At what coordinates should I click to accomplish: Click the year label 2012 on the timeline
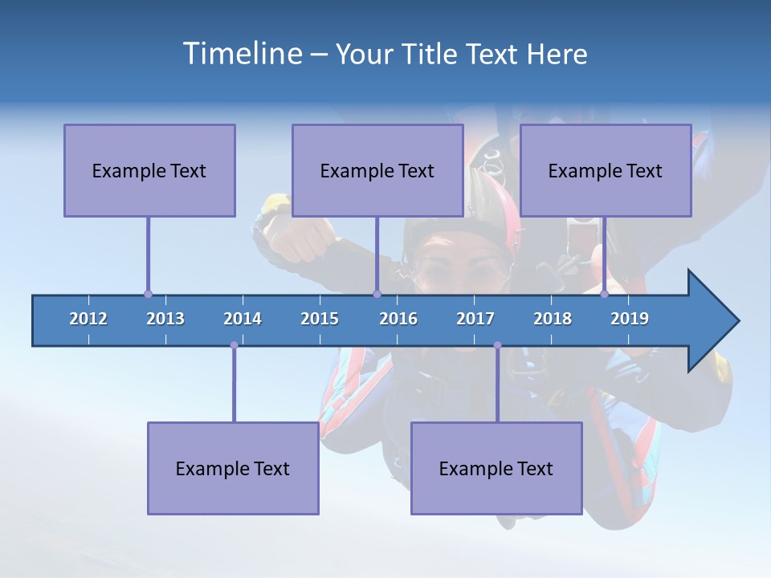(x=88, y=319)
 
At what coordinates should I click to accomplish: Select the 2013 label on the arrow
(x=165, y=319)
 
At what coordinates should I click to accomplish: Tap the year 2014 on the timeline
(x=243, y=319)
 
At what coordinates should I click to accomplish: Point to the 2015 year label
(x=320, y=319)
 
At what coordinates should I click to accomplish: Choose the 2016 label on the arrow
(x=398, y=319)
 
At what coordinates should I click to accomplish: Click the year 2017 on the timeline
(x=475, y=319)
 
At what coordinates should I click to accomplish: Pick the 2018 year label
(x=553, y=319)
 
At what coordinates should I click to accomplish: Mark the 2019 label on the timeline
(x=630, y=319)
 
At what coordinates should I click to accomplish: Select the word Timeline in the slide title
(x=241, y=54)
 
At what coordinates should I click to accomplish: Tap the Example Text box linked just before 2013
(x=149, y=170)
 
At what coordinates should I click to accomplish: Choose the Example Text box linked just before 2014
(x=233, y=468)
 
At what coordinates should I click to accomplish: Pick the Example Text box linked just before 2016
(x=377, y=170)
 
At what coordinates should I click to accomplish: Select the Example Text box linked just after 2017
(x=496, y=468)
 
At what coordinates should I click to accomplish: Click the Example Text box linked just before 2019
(x=606, y=170)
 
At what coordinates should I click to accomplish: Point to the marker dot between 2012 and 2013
(x=148, y=295)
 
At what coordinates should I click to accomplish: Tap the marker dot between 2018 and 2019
(x=605, y=295)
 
